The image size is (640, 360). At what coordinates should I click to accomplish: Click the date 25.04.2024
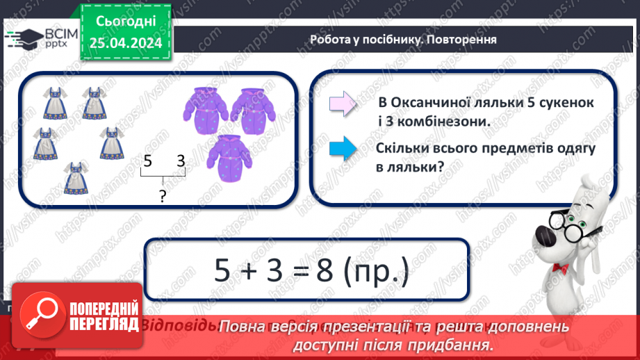[125, 44]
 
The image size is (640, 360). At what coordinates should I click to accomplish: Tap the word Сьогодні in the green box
[125, 22]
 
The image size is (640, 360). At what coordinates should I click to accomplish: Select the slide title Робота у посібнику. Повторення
[403, 40]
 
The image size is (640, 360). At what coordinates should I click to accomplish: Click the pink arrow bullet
[343, 104]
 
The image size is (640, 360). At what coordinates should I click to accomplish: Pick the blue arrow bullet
[343, 148]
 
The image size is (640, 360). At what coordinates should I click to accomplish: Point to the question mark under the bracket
[162, 197]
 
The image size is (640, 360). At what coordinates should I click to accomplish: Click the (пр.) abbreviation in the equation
[374, 270]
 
